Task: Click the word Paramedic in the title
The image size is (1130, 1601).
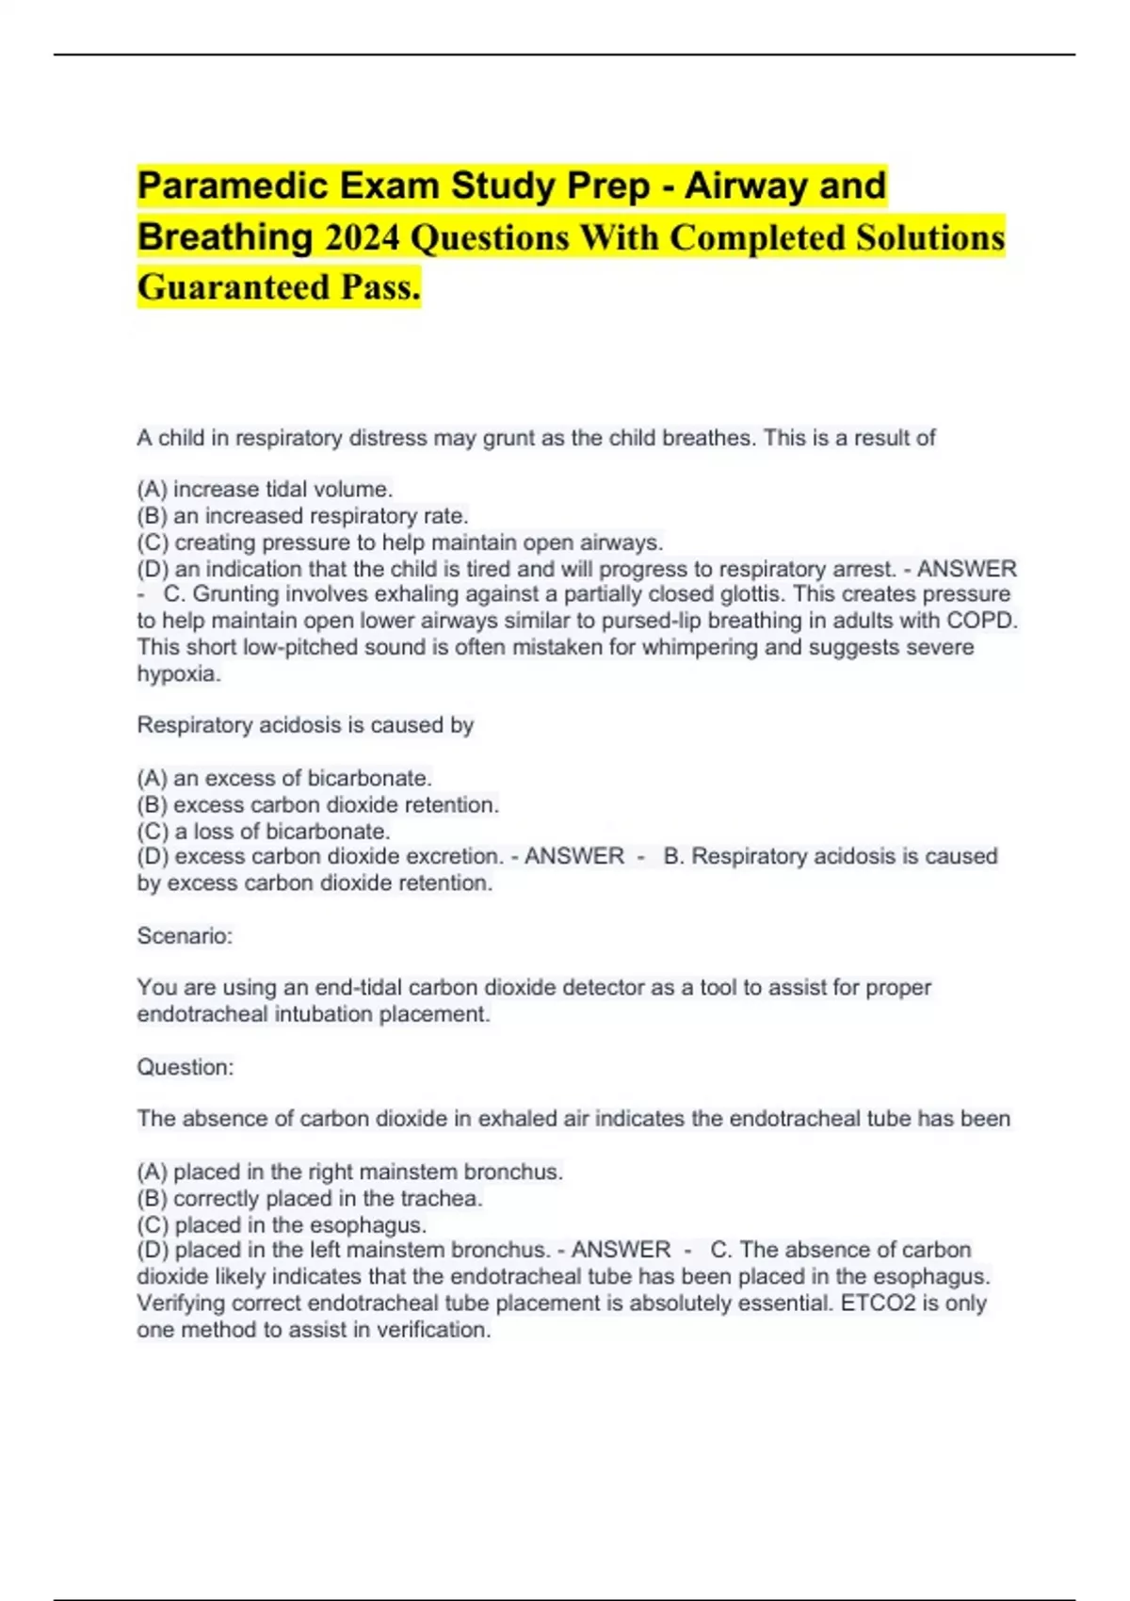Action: [232, 186]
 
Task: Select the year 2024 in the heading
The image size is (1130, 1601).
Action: [363, 237]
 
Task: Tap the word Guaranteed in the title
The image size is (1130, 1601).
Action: [234, 287]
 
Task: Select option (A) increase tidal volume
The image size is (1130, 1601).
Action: [265, 490]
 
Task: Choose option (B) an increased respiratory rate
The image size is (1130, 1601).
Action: [302, 516]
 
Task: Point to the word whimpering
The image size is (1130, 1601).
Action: [700, 647]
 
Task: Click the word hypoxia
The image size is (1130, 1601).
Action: [179, 674]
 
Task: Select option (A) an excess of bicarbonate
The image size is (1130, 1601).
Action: [284, 778]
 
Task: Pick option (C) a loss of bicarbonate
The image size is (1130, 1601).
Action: [264, 832]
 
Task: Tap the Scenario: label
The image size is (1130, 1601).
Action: [185, 936]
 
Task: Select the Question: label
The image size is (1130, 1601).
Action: [186, 1067]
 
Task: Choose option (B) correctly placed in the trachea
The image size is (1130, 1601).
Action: [310, 1199]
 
